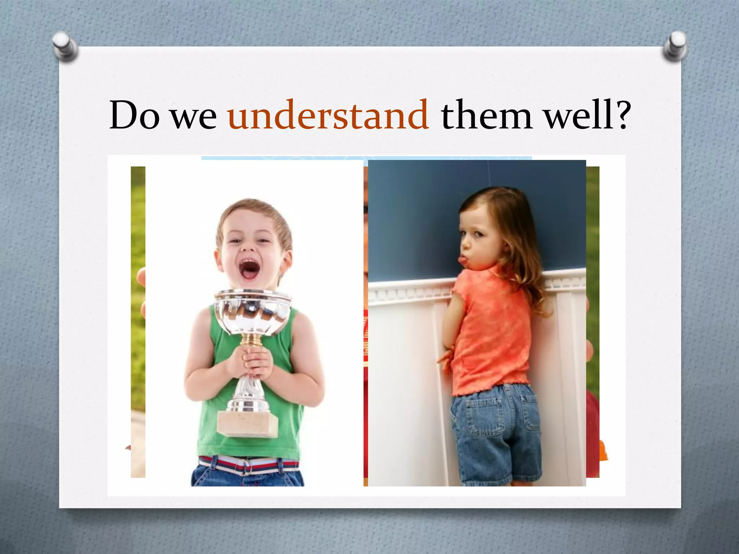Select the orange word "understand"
click(x=328, y=115)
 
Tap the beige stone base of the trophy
click(x=248, y=424)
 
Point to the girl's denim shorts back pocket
click(x=482, y=418)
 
